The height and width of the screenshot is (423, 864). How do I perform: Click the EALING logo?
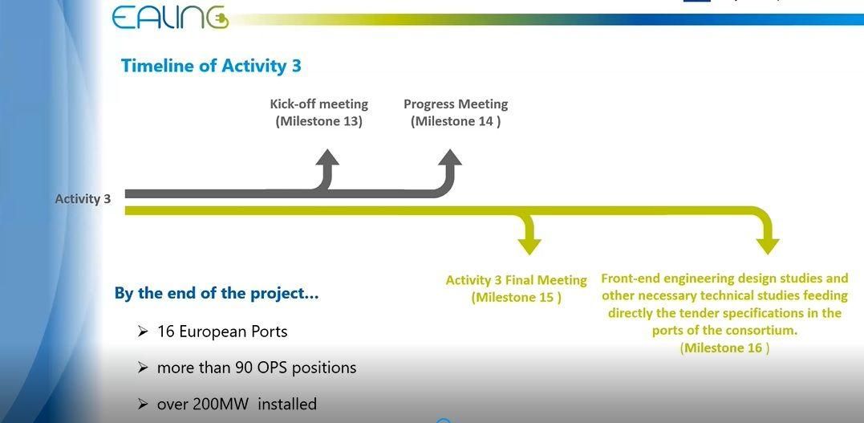[169, 17]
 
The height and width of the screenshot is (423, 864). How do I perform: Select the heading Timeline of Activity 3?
[211, 66]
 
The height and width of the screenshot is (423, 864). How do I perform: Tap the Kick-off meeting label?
[319, 104]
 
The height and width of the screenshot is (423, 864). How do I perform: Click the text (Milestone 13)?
[319, 121]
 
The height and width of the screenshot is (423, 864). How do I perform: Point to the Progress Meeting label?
[456, 104]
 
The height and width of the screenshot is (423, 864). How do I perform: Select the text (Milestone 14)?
[456, 121]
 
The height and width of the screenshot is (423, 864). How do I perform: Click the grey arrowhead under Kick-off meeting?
[327, 157]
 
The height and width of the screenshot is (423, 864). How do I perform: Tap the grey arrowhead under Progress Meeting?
[449, 157]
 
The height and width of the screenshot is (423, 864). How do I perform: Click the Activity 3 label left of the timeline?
[83, 199]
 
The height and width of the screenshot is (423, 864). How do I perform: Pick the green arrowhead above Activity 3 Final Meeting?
[529, 246]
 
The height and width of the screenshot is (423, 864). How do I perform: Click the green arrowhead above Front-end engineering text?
[768, 246]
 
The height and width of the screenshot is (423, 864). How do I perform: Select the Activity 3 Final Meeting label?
[517, 280]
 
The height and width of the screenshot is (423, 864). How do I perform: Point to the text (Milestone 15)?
[517, 298]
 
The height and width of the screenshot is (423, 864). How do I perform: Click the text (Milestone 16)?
[724, 348]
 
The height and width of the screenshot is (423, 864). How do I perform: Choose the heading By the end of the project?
[217, 293]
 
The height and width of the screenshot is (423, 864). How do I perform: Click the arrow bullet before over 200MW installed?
[143, 405]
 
